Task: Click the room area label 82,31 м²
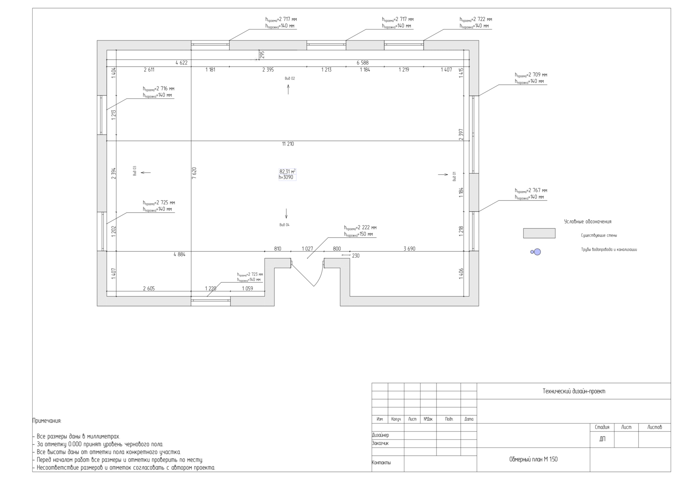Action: pyautogui.click(x=287, y=171)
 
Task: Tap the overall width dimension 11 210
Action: pyautogui.click(x=288, y=144)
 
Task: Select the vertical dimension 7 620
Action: pyautogui.click(x=194, y=173)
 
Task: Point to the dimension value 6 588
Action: pyautogui.click(x=363, y=63)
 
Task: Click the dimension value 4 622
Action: pyautogui.click(x=181, y=63)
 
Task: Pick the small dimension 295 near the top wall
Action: pyautogui.click(x=262, y=55)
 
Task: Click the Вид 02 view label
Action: pyautogui.click(x=290, y=78)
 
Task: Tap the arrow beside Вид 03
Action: pyautogui.click(x=146, y=173)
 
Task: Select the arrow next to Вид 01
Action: pyautogui.click(x=443, y=174)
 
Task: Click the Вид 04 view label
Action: pyautogui.click(x=285, y=225)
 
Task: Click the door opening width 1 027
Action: pyautogui.click(x=307, y=249)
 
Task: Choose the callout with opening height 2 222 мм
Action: pyautogui.click(x=360, y=231)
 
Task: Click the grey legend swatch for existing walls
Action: pyautogui.click(x=539, y=233)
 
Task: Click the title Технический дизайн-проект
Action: pyautogui.click(x=574, y=391)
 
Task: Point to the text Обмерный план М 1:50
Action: pyautogui.click(x=533, y=459)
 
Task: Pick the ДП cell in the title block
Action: pyautogui.click(x=602, y=439)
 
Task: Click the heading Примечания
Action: pyautogui.click(x=47, y=421)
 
